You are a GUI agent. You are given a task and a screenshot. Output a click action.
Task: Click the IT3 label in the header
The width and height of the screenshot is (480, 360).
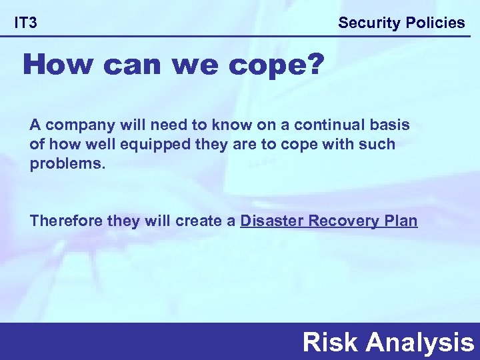26,23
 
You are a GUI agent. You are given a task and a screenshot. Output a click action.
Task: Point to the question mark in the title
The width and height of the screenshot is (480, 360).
313,65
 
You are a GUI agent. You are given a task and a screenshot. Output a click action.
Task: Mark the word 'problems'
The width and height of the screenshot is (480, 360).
67,164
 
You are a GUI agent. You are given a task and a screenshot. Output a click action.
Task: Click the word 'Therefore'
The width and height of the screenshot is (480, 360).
67,221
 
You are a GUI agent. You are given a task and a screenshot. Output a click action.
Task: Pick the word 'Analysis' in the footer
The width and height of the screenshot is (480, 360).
419,342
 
